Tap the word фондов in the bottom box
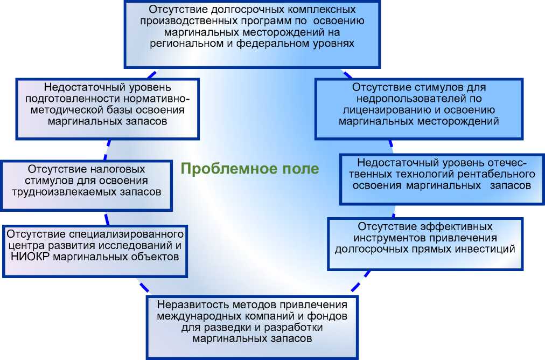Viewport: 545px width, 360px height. (x=332, y=315)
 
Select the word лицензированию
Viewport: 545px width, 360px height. (x=377, y=110)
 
